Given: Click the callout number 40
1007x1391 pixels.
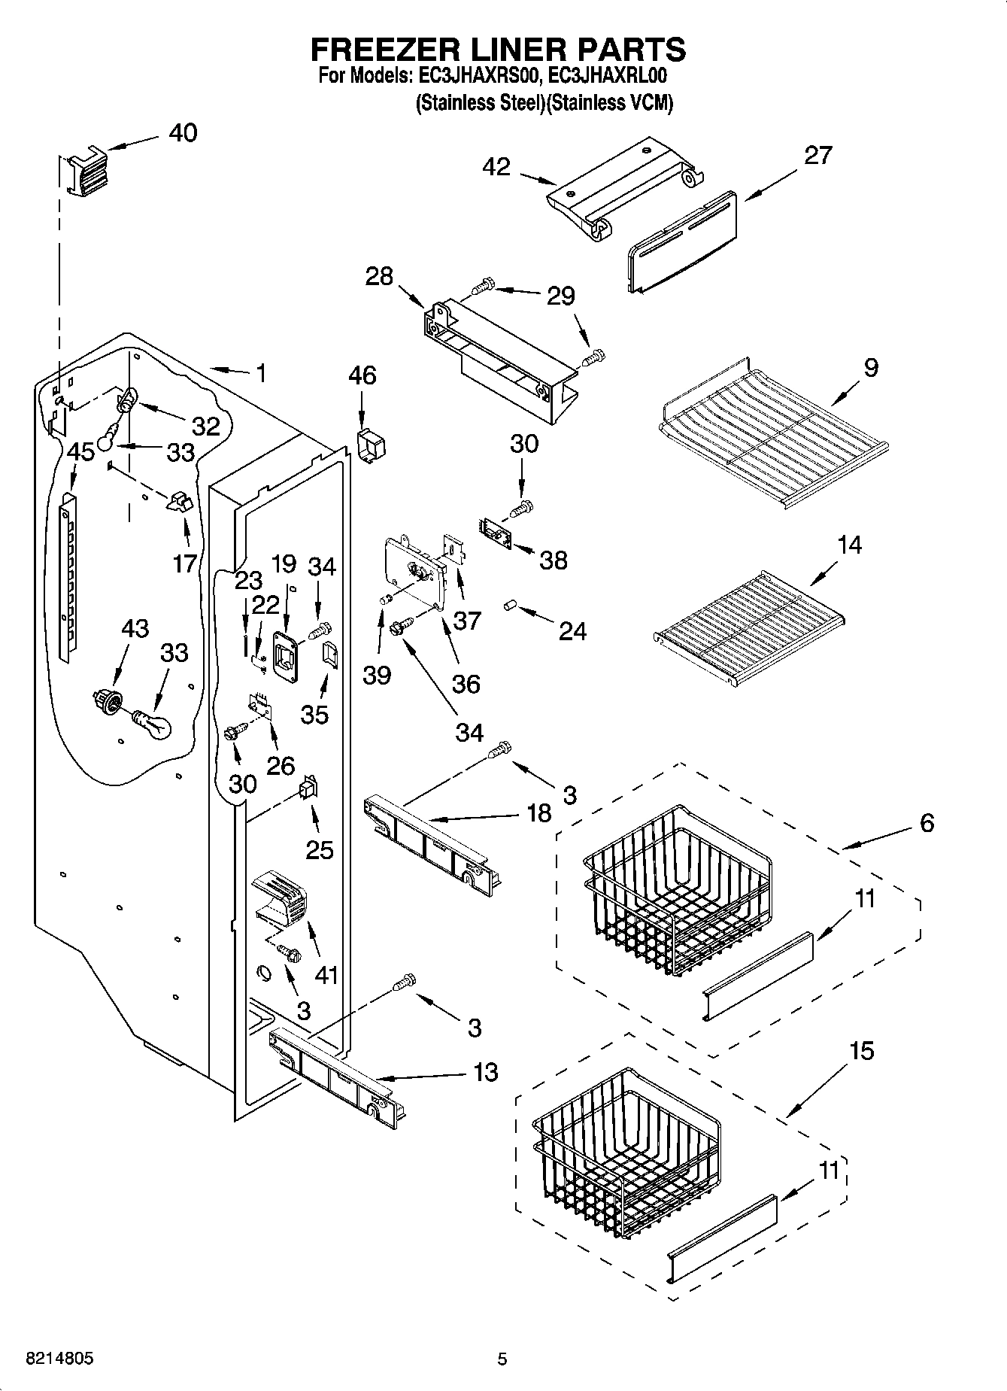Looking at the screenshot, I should click(x=183, y=132).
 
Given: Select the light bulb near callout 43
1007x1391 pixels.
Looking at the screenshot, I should click(x=153, y=724).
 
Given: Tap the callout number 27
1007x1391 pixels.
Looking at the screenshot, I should click(x=817, y=155).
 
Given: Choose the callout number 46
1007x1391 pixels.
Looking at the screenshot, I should click(x=362, y=375).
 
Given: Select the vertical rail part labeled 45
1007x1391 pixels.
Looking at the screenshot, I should click(x=68, y=576).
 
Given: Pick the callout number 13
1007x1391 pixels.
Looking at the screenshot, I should click(x=486, y=1071).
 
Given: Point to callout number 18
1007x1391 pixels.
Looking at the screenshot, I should click(x=538, y=812).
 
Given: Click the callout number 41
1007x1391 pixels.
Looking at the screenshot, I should click(x=326, y=975).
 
